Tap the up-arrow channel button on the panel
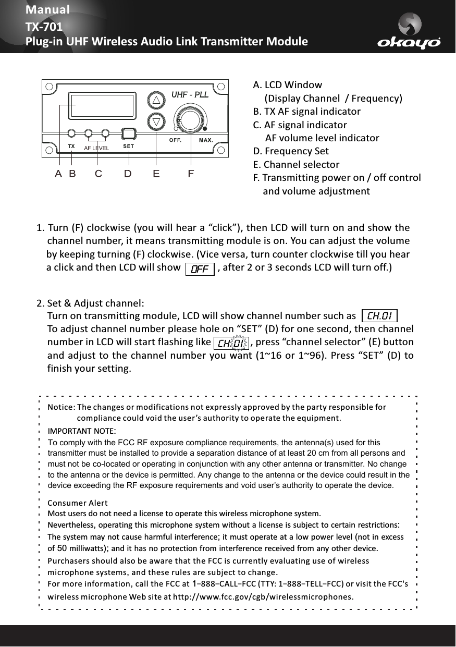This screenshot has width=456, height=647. click(x=155, y=100)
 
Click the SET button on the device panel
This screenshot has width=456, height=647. click(x=128, y=134)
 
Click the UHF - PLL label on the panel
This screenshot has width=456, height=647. click(x=190, y=95)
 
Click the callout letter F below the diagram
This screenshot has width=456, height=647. click(x=191, y=174)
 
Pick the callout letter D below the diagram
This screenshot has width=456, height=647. click(x=128, y=174)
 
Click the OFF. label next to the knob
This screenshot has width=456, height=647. click(x=175, y=140)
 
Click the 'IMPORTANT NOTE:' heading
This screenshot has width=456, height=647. click(x=82, y=431)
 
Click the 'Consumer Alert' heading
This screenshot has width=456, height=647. click(x=77, y=503)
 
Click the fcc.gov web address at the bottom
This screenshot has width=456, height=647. click(x=262, y=596)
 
